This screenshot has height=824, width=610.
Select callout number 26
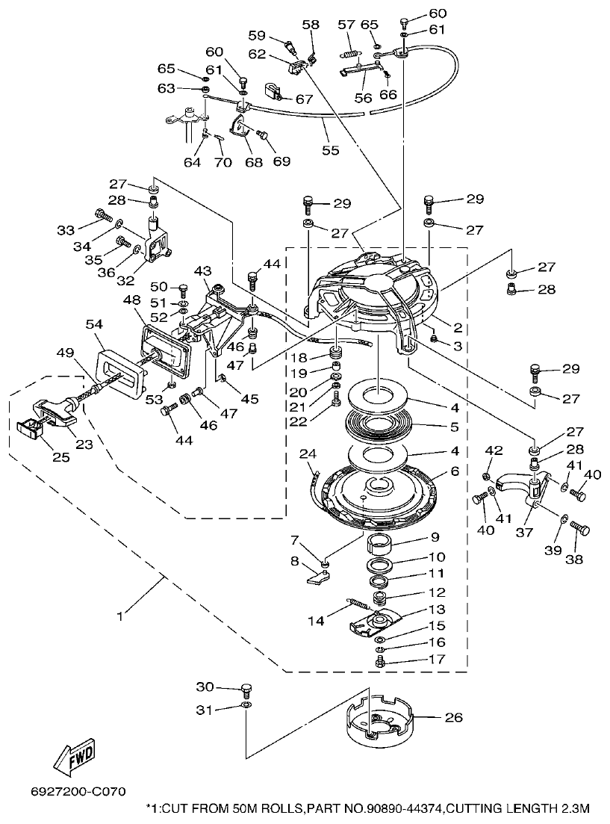453,719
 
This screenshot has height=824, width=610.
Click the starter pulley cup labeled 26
381,720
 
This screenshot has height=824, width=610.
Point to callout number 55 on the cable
330,150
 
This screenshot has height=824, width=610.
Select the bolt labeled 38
580,530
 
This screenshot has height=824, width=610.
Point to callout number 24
308,453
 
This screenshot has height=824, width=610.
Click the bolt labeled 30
247,688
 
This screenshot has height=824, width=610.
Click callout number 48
131,300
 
